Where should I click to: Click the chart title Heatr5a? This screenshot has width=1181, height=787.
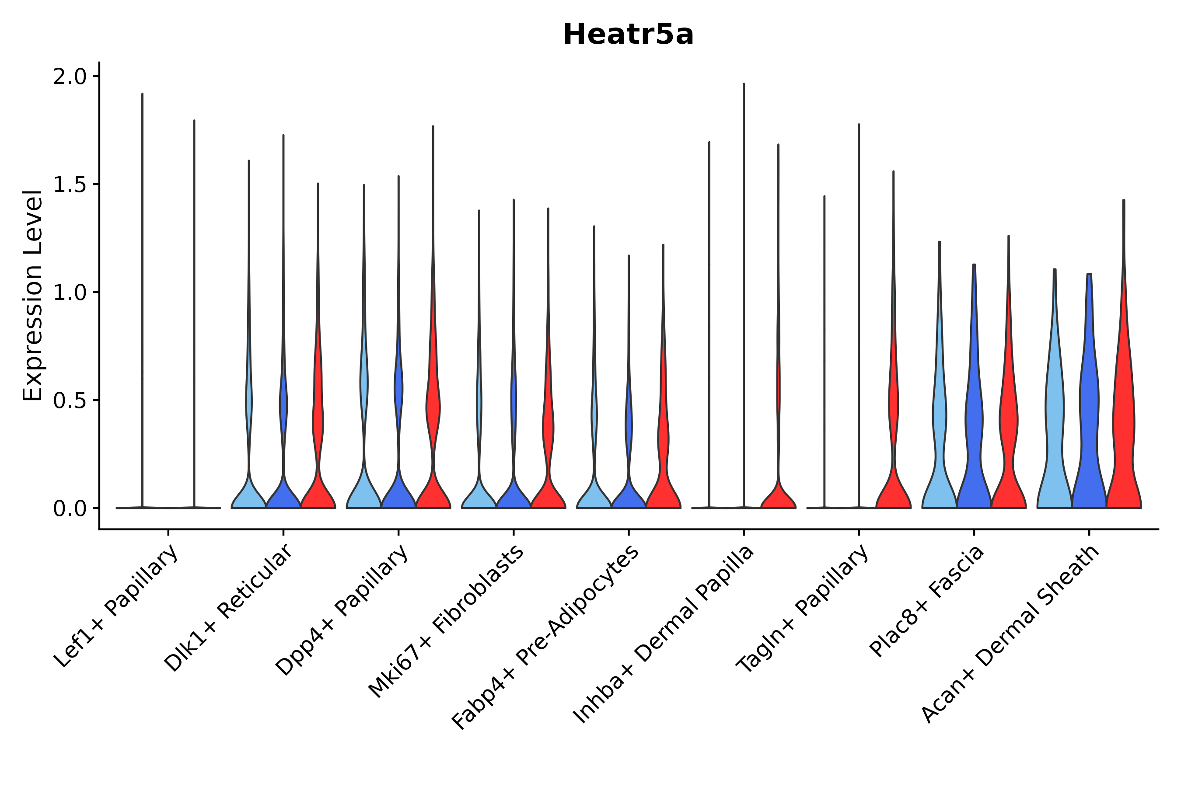628,35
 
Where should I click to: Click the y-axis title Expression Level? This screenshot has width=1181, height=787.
33,295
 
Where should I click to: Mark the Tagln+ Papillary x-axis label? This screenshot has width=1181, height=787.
802,608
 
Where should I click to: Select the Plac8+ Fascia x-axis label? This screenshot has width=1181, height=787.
927,601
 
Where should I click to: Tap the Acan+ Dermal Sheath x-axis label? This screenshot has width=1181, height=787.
1010,634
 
